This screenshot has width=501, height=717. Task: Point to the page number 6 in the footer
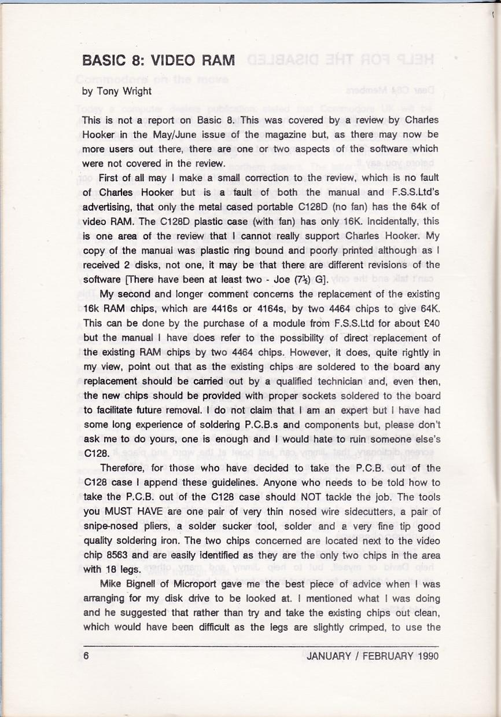point(86,656)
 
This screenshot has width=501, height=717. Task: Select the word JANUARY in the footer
point(329,656)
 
